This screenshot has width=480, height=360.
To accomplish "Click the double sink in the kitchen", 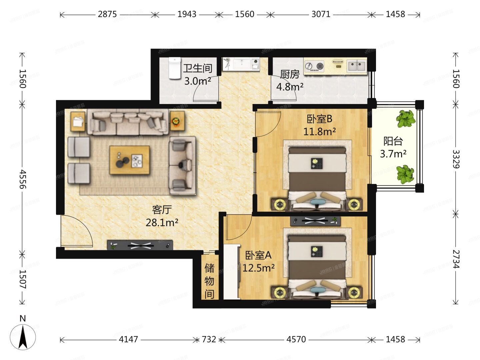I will pos(356,66).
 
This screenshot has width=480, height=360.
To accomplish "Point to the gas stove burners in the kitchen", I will pos(315,66).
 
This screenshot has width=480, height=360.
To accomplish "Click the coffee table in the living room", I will pos(129,160).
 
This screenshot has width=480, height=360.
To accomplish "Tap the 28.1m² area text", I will pos(162,222).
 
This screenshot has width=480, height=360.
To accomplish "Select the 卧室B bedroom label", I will pos(319,119).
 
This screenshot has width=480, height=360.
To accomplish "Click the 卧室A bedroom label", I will pos(258,255).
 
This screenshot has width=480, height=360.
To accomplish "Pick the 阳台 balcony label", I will pos(393,141).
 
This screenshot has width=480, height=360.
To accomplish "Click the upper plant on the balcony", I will pos(406,118).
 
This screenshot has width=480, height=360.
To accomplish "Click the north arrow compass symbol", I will pos(23,336).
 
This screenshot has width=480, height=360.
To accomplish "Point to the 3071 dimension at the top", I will pos(321,14).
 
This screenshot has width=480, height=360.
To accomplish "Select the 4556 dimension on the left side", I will pos(22,179).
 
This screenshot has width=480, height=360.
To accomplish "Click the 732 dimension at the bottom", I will pos(209,339).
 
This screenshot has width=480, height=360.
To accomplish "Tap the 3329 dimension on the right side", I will pos(456,159).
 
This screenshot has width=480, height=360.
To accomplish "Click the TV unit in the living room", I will pos(140,245).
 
